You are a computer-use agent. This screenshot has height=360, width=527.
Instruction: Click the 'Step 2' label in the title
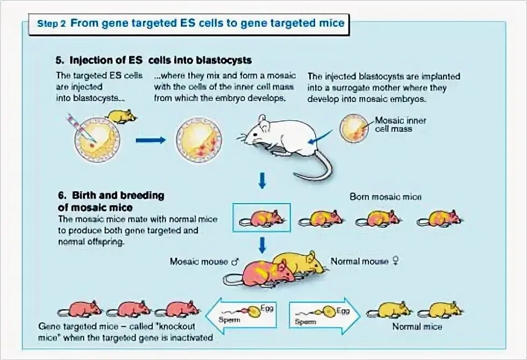tap(52, 24)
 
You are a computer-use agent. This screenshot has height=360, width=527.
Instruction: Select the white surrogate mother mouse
tap(277, 137)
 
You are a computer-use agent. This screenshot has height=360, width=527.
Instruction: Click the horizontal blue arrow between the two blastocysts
tap(151, 140)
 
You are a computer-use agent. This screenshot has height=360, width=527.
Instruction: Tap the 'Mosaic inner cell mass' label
tap(400, 125)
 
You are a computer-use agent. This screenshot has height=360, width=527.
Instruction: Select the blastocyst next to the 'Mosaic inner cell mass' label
tap(354, 128)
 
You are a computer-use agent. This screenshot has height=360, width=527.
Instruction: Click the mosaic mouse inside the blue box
tap(262, 218)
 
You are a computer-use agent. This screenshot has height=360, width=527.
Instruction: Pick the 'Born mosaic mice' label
tap(386, 197)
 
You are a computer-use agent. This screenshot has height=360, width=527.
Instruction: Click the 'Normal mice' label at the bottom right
tap(417, 327)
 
